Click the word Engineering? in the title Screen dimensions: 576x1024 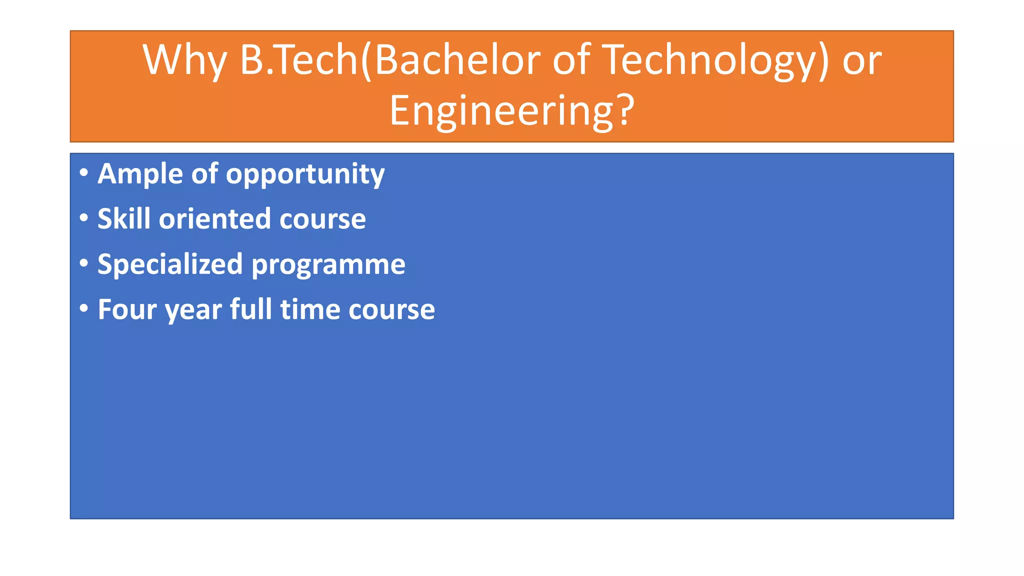pos(511,111)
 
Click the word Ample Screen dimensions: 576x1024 pos(140,174)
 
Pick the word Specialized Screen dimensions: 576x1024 pos(170,264)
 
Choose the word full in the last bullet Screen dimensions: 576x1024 pos(250,309)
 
